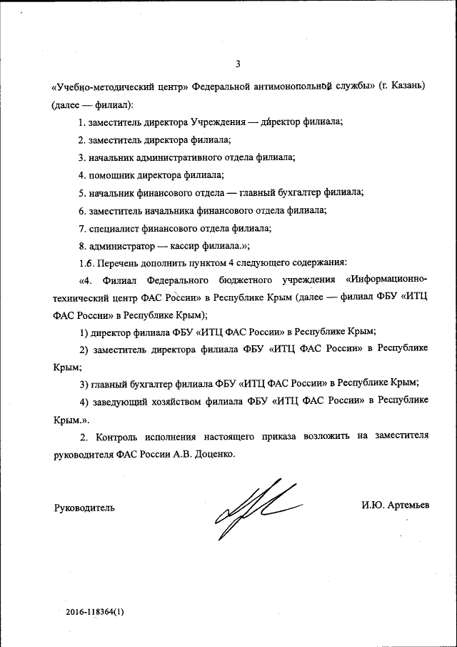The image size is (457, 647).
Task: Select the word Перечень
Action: pyautogui.click(x=122, y=262)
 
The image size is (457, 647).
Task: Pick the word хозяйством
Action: pyautogui.click(x=191, y=400)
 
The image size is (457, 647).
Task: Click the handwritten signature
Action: pyautogui.click(x=257, y=508)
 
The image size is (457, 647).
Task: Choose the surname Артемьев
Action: pyautogui.click(x=407, y=505)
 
